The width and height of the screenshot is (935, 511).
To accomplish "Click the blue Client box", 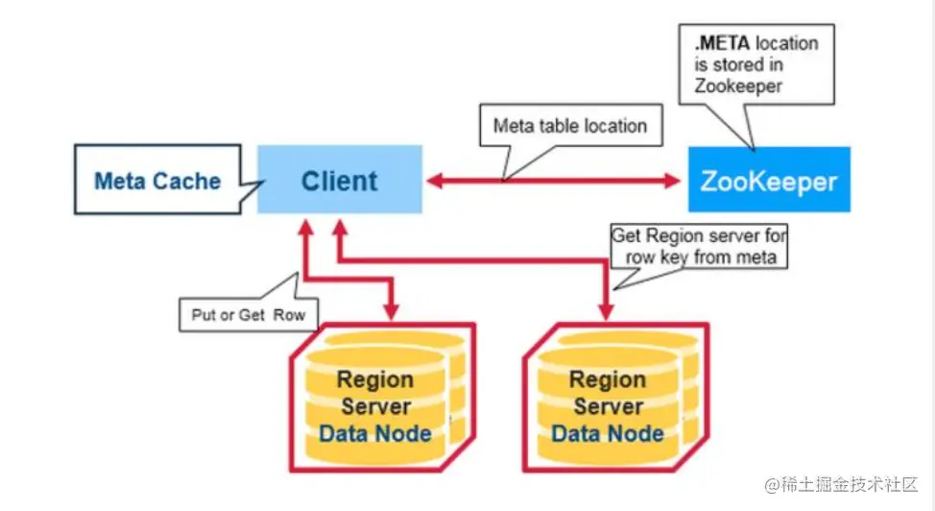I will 339,180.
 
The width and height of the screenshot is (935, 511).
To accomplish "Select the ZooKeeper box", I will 768,180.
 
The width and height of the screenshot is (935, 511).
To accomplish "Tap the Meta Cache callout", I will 157,181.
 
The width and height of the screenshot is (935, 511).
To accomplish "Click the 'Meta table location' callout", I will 569,126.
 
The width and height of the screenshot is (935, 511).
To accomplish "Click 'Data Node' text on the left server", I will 375,433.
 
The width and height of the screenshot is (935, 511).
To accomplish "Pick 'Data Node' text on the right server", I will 608,433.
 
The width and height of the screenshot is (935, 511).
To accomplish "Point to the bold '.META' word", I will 719,44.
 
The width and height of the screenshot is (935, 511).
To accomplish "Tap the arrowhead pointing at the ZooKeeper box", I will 671,180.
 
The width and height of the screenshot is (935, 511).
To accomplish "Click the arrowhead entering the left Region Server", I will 391,312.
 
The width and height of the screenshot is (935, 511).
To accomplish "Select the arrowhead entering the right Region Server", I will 607,312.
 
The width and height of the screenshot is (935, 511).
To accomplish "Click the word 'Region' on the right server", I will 607,380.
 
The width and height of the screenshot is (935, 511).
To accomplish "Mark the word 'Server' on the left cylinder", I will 375,406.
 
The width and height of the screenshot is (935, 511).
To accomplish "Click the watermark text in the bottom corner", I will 841,483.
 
